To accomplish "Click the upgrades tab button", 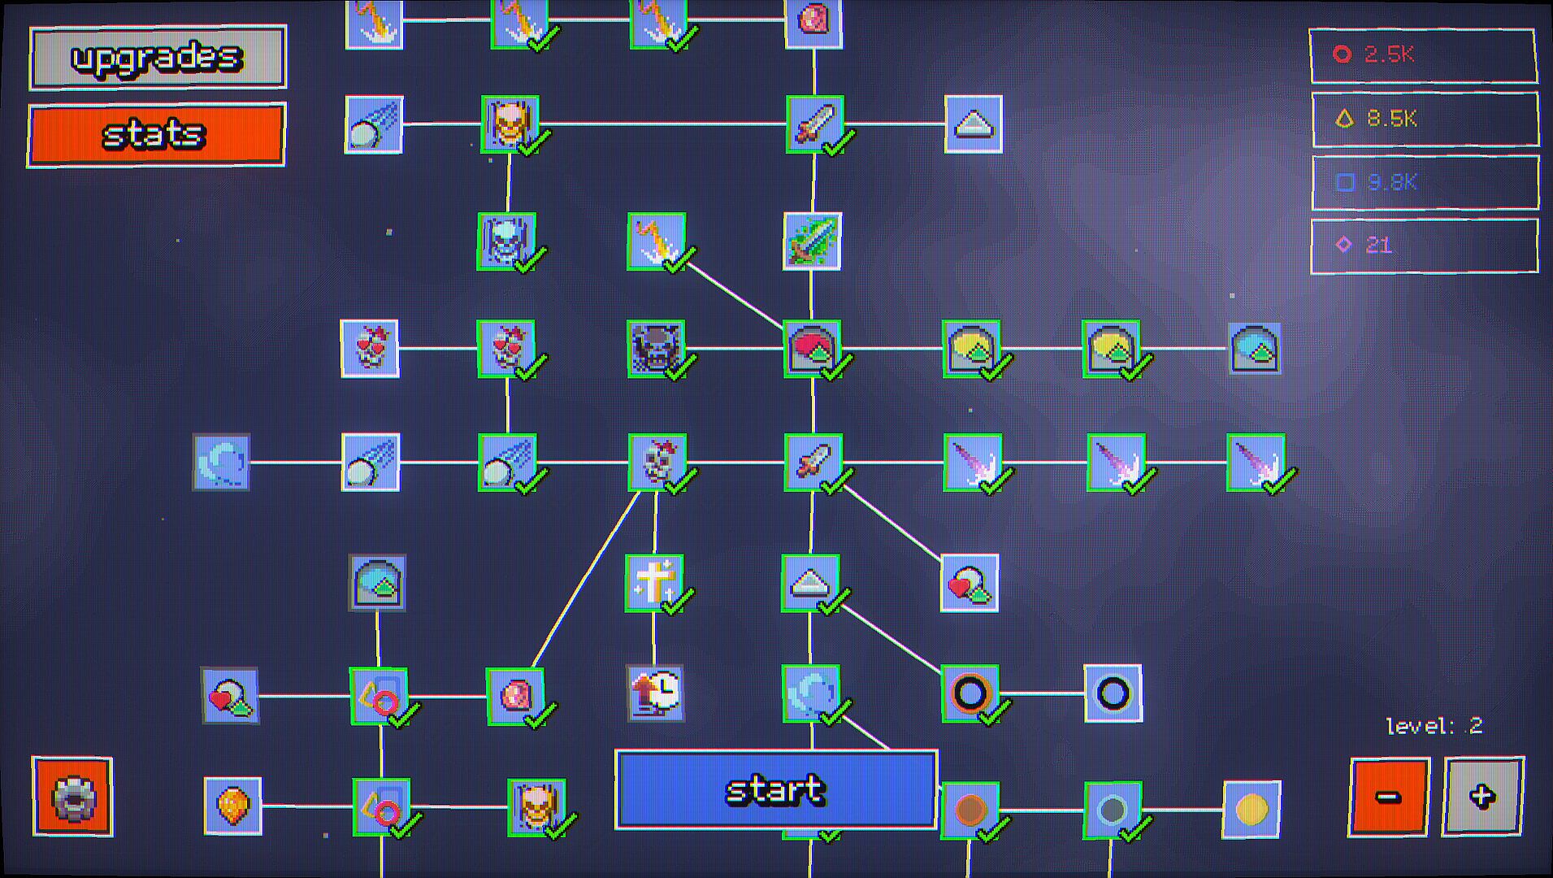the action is [x=158, y=57].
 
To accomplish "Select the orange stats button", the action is [x=156, y=135].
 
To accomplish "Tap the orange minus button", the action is [x=1389, y=797].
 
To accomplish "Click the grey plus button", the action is [x=1483, y=797].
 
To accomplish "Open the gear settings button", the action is [x=72, y=797].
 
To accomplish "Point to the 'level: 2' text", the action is [x=1434, y=726].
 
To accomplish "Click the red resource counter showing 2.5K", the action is [x=1423, y=55].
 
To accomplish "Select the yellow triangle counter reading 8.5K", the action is [x=1425, y=120].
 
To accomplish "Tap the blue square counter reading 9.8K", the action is [x=1425, y=182].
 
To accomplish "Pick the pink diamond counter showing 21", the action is [x=1425, y=246].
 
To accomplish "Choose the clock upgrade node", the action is [x=655, y=693].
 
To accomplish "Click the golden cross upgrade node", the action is [x=654, y=583].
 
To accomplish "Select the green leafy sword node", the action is [x=812, y=241].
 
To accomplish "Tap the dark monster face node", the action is [x=656, y=349].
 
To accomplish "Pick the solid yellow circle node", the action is [x=1252, y=810].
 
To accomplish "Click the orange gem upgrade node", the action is [x=233, y=806].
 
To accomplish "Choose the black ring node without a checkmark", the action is [x=1113, y=693].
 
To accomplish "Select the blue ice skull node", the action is [x=506, y=241].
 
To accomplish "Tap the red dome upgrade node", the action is [x=813, y=349].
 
